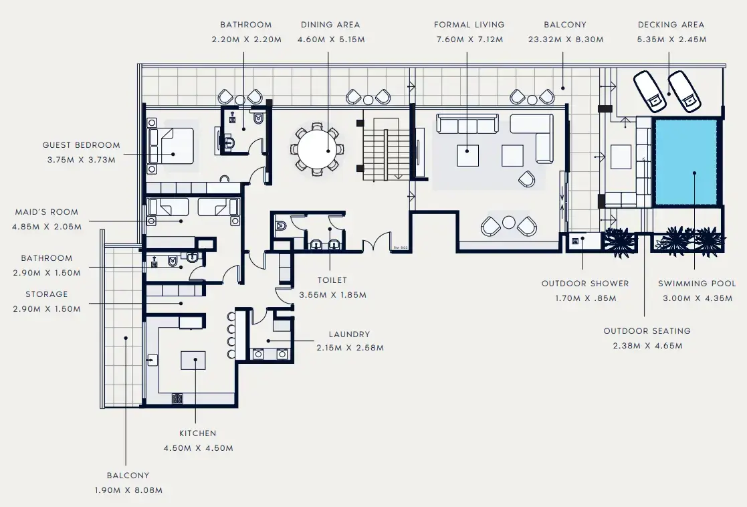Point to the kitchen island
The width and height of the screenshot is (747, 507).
tap(196, 360)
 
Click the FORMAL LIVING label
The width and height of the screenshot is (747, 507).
tap(469, 25)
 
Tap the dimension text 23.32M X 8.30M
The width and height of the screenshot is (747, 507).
tap(565, 39)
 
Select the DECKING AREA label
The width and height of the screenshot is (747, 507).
tap(671, 25)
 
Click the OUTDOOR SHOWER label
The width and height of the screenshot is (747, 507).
tap(585, 284)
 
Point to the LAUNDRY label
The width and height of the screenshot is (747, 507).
tap(349, 334)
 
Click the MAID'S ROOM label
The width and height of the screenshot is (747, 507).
tap(46, 212)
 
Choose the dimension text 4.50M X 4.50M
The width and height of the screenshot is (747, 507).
tap(197, 448)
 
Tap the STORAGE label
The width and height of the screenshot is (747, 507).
tap(46, 294)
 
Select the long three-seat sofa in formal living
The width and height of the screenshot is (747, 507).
tap(467, 124)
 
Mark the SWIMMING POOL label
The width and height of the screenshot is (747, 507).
tap(696, 284)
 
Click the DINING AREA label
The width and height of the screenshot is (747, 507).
tap(330, 25)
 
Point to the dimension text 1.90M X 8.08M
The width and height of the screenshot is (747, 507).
tap(128, 490)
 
